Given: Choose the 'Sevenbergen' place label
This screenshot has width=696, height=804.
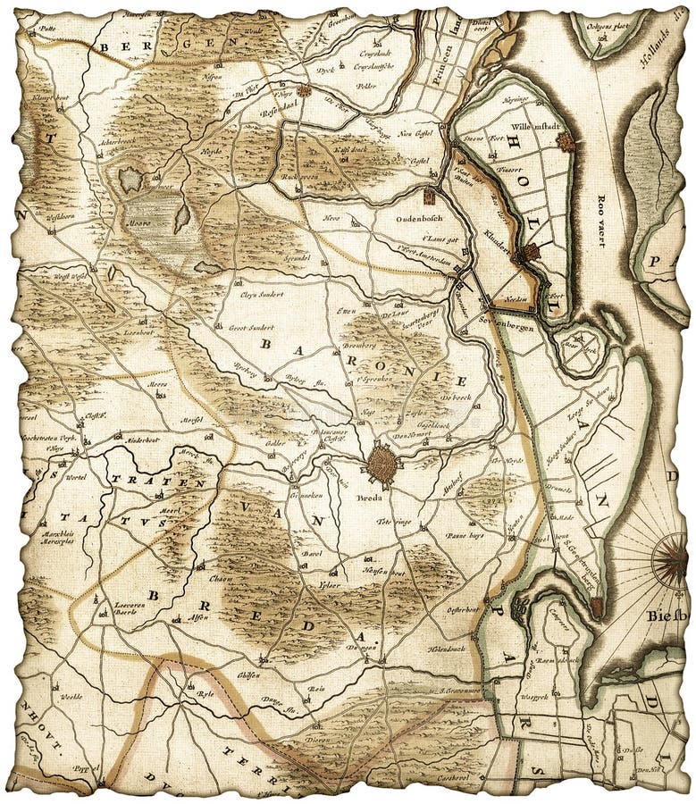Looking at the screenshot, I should (507, 328).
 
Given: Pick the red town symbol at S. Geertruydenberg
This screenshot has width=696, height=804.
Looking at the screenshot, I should (596, 607).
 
